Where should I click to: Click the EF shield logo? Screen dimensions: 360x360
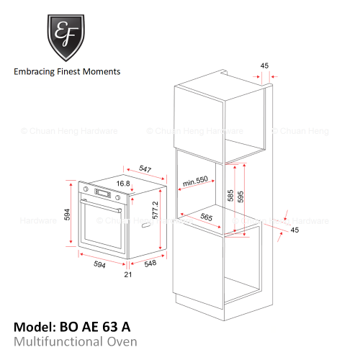66,37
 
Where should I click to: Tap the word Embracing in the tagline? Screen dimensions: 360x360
34,72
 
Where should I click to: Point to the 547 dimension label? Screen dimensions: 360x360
145,168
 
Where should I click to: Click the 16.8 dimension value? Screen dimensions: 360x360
123,184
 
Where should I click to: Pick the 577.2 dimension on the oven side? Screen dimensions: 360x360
156,210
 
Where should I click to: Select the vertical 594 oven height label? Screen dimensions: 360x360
67,215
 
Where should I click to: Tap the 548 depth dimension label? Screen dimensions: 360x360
150,264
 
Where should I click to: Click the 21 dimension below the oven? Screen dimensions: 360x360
128,274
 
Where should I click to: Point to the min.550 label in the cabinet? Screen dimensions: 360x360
195,181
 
